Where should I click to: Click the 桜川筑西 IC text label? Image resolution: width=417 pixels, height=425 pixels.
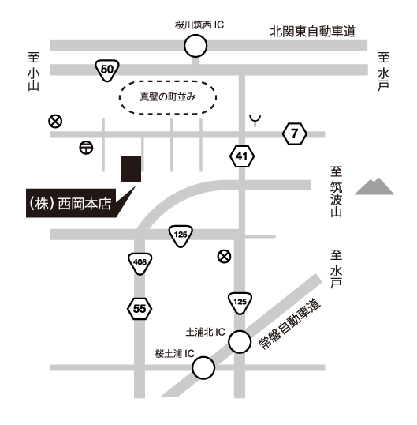pyautogui.click(x=199, y=25)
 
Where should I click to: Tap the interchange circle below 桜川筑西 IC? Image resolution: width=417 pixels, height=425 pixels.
pyautogui.click(x=195, y=46)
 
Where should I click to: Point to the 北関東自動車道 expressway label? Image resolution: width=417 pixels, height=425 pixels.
pyautogui.click(x=313, y=32)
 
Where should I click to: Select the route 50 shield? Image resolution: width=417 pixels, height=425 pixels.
pyautogui.click(x=107, y=70)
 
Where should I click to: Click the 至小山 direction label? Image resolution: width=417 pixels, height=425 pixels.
pyautogui.click(x=34, y=71)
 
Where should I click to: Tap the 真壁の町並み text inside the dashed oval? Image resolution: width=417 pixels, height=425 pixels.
pyautogui.click(x=168, y=96)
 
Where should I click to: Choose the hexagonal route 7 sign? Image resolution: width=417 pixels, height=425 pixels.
pyautogui.click(x=295, y=134)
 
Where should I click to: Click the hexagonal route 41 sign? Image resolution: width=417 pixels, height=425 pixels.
pyautogui.click(x=242, y=156)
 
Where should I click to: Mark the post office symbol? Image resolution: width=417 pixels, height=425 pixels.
pyautogui.click(x=86, y=148)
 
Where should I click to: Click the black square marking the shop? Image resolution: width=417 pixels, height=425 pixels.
pyautogui.click(x=131, y=169)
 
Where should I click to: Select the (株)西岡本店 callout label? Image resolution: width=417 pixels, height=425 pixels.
pyautogui.click(x=71, y=203)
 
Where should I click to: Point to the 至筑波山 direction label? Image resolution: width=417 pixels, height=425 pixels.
pyautogui.click(x=336, y=192)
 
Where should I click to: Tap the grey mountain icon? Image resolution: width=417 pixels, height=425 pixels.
pyautogui.click(x=374, y=186)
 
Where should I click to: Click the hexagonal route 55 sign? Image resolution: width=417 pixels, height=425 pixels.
pyautogui.click(x=140, y=309)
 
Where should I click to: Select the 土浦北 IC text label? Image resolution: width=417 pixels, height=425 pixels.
pyautogui.click(x=205, y=332)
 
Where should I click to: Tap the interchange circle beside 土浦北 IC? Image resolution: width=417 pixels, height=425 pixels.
pyautogui.click(x=240, y=342)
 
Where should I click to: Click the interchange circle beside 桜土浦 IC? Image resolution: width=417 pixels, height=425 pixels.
pyautogui.click(x=203, y=368)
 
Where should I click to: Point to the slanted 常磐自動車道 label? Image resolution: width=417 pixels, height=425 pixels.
pyautogui.click(x=289, y=324)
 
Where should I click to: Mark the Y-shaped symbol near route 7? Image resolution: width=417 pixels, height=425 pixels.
pyautogui.click(x=255, y=121)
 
